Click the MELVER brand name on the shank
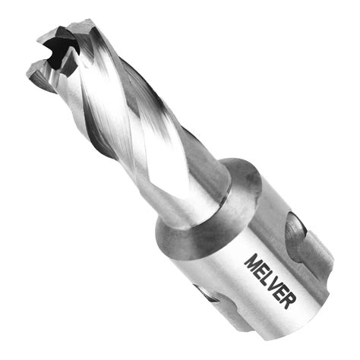[x=268, y=280]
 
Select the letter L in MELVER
[x=265, y=277]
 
